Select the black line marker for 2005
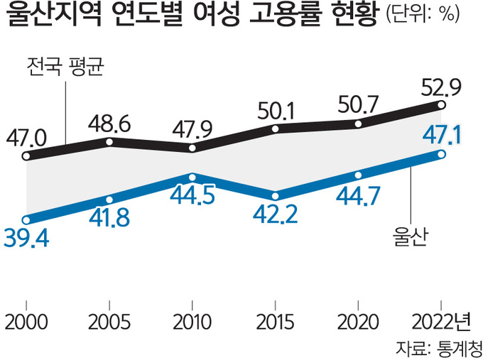pyautogui.click(x=109, y=142)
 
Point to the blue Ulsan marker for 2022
pyautogui.click(x=442, y=154)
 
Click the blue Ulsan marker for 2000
pyautogui.click(x=26, y=219)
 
